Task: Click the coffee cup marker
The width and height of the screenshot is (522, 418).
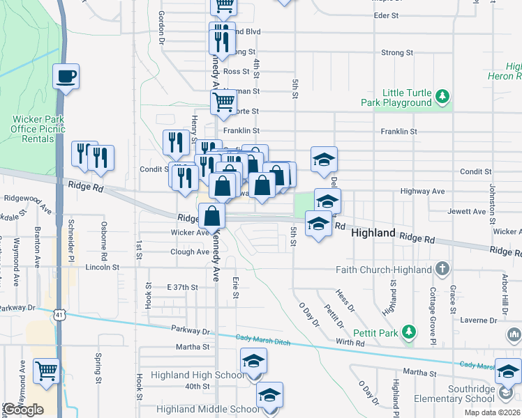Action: click(66, 76)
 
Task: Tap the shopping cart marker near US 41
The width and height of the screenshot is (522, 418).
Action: click(47, 371)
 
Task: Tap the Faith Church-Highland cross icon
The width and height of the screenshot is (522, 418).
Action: click(441, 268)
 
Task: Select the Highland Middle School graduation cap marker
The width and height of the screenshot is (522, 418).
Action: click(269, 394)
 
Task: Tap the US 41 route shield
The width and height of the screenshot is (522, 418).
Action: click(60, 315)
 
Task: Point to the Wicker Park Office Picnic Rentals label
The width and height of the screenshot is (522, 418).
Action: click(38, 129)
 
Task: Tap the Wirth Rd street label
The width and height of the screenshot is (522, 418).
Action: click(350, 343)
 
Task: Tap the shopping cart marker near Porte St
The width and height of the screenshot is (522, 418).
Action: click(223, 102)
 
